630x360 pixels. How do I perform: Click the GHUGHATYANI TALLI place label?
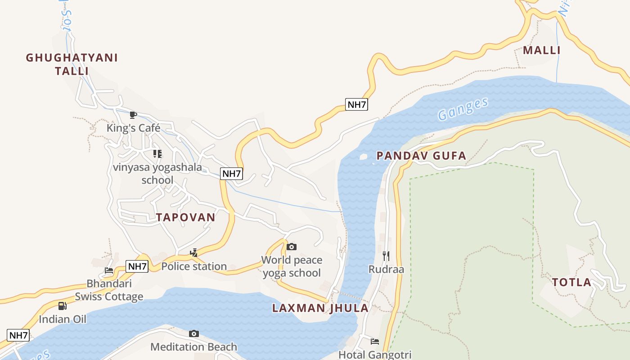pos(72,64)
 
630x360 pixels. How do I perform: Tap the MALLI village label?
pos(542,50)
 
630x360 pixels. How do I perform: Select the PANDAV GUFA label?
pos(421,156)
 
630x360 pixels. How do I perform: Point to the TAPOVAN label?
pos(185,217)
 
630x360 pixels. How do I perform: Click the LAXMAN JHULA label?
pos(320,308)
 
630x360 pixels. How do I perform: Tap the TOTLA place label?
pos(571,283)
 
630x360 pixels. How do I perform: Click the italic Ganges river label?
pos(463,109)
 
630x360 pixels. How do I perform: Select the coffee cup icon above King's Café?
pos(133,115)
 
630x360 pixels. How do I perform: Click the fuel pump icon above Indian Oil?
pos(63,306)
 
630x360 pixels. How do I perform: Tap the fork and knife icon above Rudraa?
pos(386,256)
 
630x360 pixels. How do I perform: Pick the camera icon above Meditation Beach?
pos(194,333)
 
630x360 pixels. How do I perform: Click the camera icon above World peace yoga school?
pos(292,247)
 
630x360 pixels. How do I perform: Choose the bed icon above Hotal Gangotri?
pos(374,342)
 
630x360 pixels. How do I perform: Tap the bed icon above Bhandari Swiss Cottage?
pos(109,270)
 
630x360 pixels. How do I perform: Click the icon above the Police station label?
pos(193,253)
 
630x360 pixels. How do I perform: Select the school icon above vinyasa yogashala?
pos(157,154)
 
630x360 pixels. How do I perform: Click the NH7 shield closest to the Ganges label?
pos(357,104)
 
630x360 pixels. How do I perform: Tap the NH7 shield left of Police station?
pos(137,266)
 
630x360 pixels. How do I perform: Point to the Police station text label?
pos(194,266)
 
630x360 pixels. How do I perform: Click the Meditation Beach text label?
pos(193,347)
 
